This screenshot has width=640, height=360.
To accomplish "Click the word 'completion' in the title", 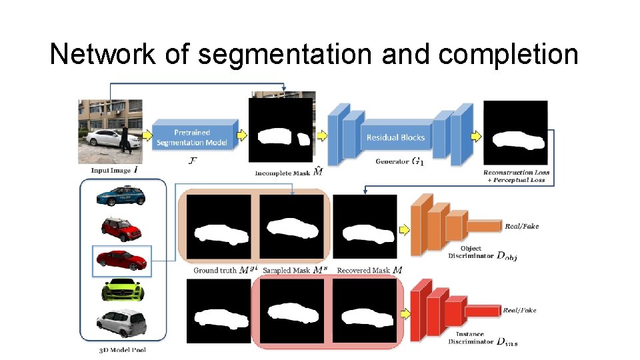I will coord(508,54).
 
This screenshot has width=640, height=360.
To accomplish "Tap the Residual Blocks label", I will coord(395,137).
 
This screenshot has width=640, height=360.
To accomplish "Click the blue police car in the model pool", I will coord(121,196).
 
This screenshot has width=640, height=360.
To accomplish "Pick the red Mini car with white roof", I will coord(122,228).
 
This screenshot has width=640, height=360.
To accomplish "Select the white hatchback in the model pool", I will coord(121,323).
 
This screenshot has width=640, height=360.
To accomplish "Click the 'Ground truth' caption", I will coord(215,270).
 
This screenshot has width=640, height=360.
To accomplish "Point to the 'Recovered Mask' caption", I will coord(364,270).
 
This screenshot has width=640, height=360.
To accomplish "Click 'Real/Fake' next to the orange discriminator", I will coord(521,227).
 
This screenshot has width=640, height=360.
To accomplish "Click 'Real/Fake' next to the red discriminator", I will coord(520,311).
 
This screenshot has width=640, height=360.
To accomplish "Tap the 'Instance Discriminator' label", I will coord(471,338).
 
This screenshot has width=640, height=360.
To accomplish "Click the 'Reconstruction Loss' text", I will coord(515,173).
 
